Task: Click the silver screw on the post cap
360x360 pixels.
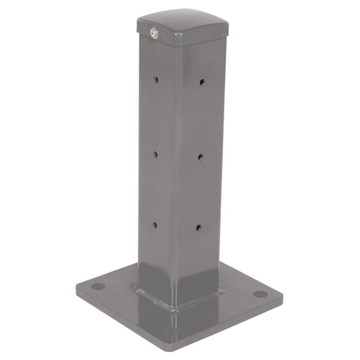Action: pyautogui.click(x=153, y=32)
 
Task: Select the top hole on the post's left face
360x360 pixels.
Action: pyautogui.click(x=155, y=80)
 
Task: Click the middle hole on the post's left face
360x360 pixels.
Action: pyautogui.click(x=155, y=154)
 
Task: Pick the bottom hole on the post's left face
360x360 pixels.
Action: pyautogui.click(x=154, y=225)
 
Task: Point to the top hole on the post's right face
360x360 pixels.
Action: pyautogui.click(x=202, y=82)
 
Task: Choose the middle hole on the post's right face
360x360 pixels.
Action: pyautogui.click(x=201, y=157)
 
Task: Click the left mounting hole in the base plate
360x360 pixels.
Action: pyautogui.click(x=98, y=286)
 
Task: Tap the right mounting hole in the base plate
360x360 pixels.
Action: pyautogui.click(x=259, y=294)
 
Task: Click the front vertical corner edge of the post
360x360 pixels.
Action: pyautogui.click(x=178, y=169)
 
